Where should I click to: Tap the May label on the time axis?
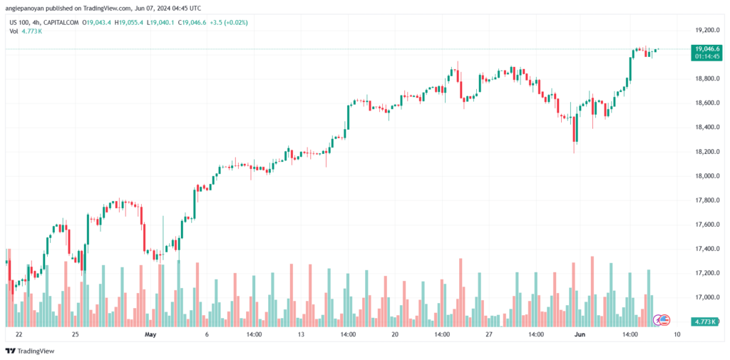150,334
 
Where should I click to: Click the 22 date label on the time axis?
19,334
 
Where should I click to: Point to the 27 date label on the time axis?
489,334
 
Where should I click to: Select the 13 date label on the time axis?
302,334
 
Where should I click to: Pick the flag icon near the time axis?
662,319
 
